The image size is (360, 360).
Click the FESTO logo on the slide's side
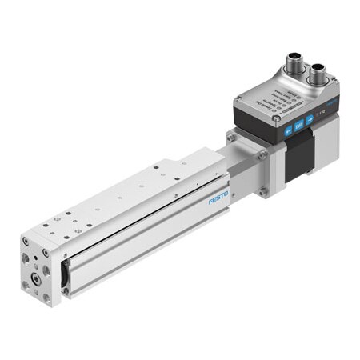tap(218, 197)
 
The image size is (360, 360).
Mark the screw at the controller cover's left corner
tap(238, 99)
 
